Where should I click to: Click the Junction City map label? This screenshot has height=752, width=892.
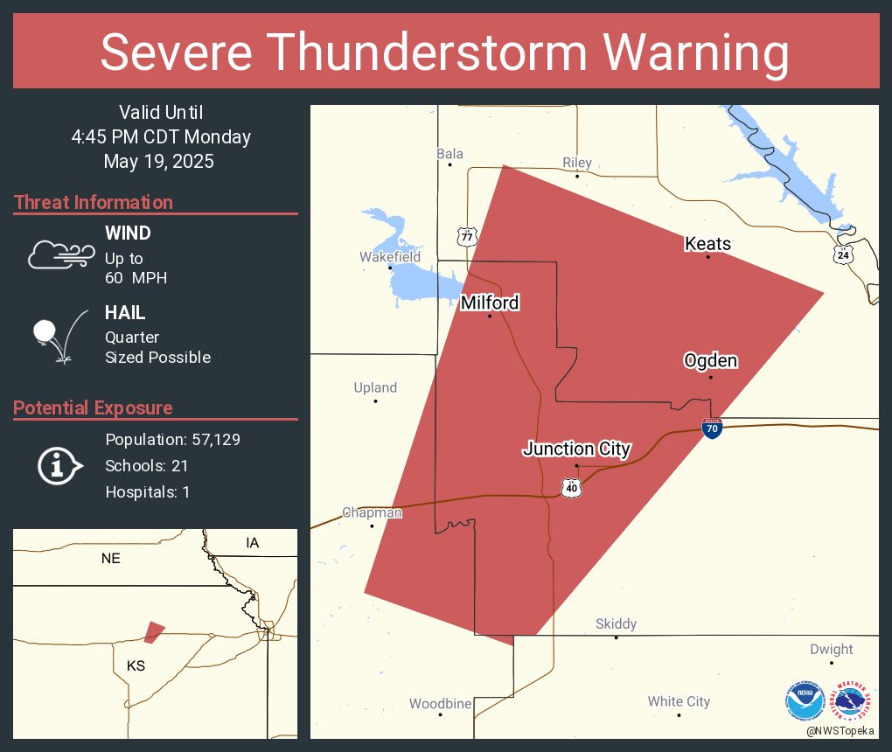coord(576,449)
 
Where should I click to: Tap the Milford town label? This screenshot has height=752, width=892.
coord(490,303)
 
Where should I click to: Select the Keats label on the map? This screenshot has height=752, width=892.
coord(707,244)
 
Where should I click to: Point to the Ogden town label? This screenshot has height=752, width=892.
coord(710,360)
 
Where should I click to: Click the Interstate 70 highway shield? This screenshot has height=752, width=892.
coord(711,428)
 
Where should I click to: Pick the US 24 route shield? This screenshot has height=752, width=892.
coord(843,254)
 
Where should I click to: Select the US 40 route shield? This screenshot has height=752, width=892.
coord(571,487)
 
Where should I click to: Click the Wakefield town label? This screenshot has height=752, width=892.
coord(390,257)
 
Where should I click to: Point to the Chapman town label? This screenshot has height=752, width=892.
coord(372,513)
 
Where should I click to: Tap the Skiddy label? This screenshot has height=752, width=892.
coord(616,623)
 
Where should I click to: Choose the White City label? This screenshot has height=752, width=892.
coord(679,701)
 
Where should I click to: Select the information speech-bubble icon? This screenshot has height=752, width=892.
coord(59,465)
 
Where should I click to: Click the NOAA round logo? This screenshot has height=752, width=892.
coord(805,701)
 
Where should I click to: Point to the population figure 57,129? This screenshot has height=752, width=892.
coord(211,439)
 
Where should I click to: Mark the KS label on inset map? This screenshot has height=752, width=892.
coord(136,666)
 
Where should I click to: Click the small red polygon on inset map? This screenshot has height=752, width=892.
coord(154,631)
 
